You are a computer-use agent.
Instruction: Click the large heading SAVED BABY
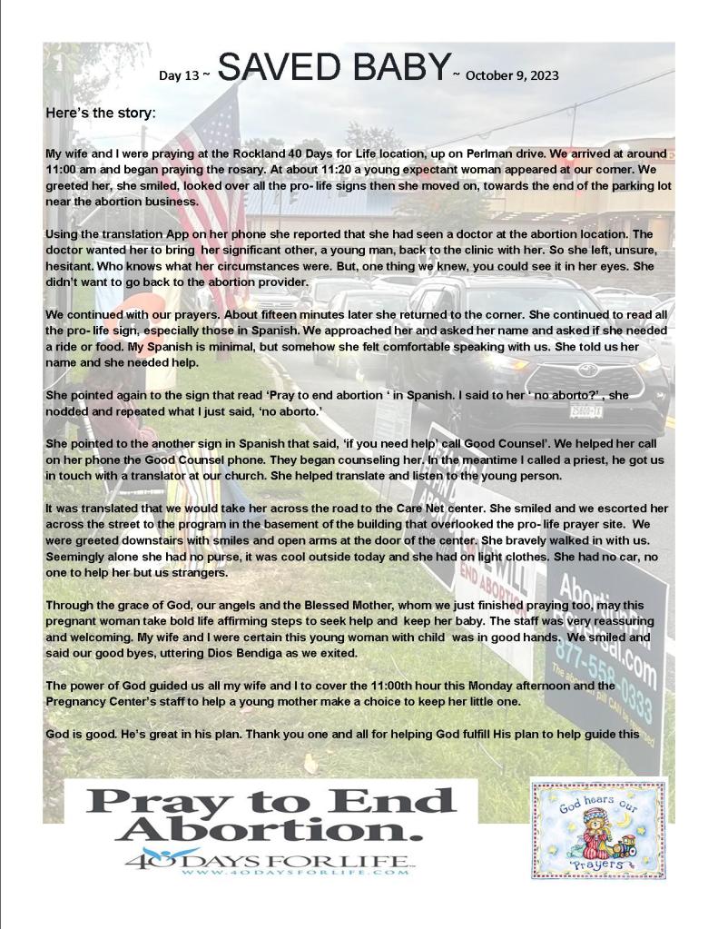(335, 69)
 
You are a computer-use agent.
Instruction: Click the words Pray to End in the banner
(272, 800)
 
